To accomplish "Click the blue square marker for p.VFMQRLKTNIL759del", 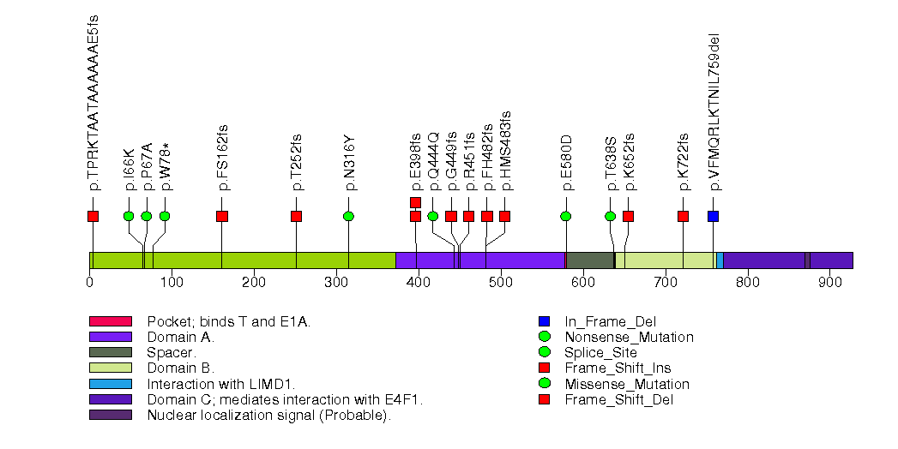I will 713,216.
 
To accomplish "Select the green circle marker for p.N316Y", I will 348,216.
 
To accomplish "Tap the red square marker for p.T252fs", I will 296,216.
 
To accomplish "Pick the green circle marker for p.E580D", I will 566,216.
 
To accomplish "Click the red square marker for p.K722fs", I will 683,216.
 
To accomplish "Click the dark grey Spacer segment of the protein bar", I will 589,260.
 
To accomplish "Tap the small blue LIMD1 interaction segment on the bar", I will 720,260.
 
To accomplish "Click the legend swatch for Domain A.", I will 110,337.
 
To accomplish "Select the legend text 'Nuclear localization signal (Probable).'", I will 268,416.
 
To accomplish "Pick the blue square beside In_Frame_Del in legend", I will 544,321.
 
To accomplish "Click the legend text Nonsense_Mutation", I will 629,337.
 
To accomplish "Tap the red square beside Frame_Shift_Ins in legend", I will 544,368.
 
